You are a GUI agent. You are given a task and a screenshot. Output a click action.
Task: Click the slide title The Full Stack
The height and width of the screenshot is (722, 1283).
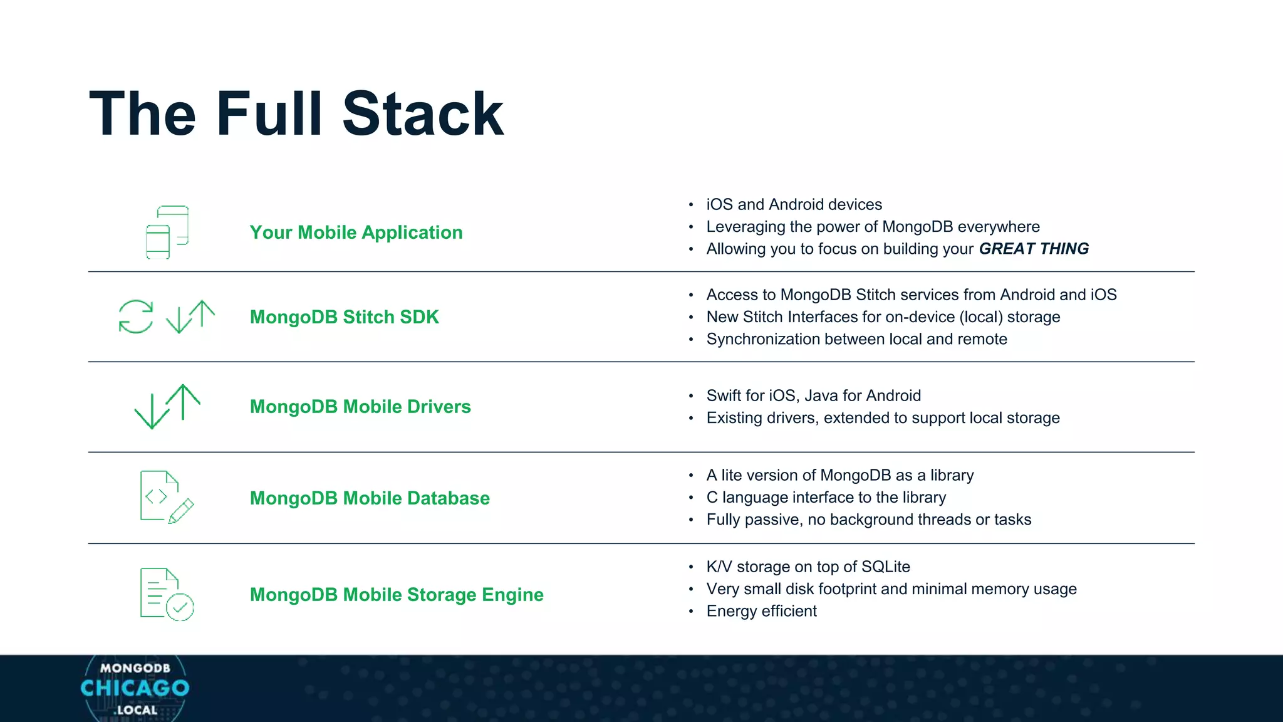pyautogui.click(x=296, y=114)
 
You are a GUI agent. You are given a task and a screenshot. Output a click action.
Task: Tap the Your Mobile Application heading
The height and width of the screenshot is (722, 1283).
pyautogui.click(x=356, y=233)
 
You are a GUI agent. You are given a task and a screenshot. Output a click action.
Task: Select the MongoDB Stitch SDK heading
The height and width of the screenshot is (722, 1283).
pyautogui.click(x=344, y=317)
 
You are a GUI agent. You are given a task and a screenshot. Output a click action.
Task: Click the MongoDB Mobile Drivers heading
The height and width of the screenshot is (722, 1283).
pyautogui.click(x=360, y=407)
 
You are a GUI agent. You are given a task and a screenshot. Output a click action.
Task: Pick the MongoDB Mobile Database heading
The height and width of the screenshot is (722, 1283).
pyautogui.click(x=370, y=498)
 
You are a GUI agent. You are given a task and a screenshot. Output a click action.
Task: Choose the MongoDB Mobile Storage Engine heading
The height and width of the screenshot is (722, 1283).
pyautogui.click(x=397, y=595)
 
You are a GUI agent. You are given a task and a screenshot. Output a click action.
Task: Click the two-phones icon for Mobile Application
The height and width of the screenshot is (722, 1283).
pyautogui.click(x=167, y=232)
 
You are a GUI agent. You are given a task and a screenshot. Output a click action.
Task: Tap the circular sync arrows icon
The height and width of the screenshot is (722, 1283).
pyautogui.click(x=136, y=317)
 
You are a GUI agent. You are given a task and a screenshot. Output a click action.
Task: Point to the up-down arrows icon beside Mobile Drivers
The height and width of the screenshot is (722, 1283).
pyautogui.click(x=167, y=407)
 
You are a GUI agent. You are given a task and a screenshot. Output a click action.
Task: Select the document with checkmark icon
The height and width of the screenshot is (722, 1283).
pyautogui.click(x=167, y=594)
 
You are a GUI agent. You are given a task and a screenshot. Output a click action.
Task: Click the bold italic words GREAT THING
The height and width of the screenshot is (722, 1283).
pyautogui.click(x=1034, y=249)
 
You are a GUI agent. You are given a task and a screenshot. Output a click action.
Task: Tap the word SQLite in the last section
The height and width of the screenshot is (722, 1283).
pyautogui.click(x=885, y=567)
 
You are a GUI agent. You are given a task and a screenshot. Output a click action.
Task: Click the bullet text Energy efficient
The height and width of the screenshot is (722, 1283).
pyautogui.click(x=761, y=611)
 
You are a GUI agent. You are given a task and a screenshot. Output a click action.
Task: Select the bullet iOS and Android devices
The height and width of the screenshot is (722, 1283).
pyautogui.click(x=794, y=204)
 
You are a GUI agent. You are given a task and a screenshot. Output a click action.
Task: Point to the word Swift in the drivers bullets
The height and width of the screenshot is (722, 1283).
pyautogui.click(x=724, y=395)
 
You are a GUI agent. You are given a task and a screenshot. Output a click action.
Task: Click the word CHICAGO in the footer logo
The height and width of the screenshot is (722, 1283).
pyautogui.click(x=135, y=688)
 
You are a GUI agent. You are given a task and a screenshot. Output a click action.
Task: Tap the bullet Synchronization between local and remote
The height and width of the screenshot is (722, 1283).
pyautogui.click(x=856, y=339)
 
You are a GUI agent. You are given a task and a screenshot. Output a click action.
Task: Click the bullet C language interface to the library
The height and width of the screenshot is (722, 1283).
pyautogui.click(x=826, y=498)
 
